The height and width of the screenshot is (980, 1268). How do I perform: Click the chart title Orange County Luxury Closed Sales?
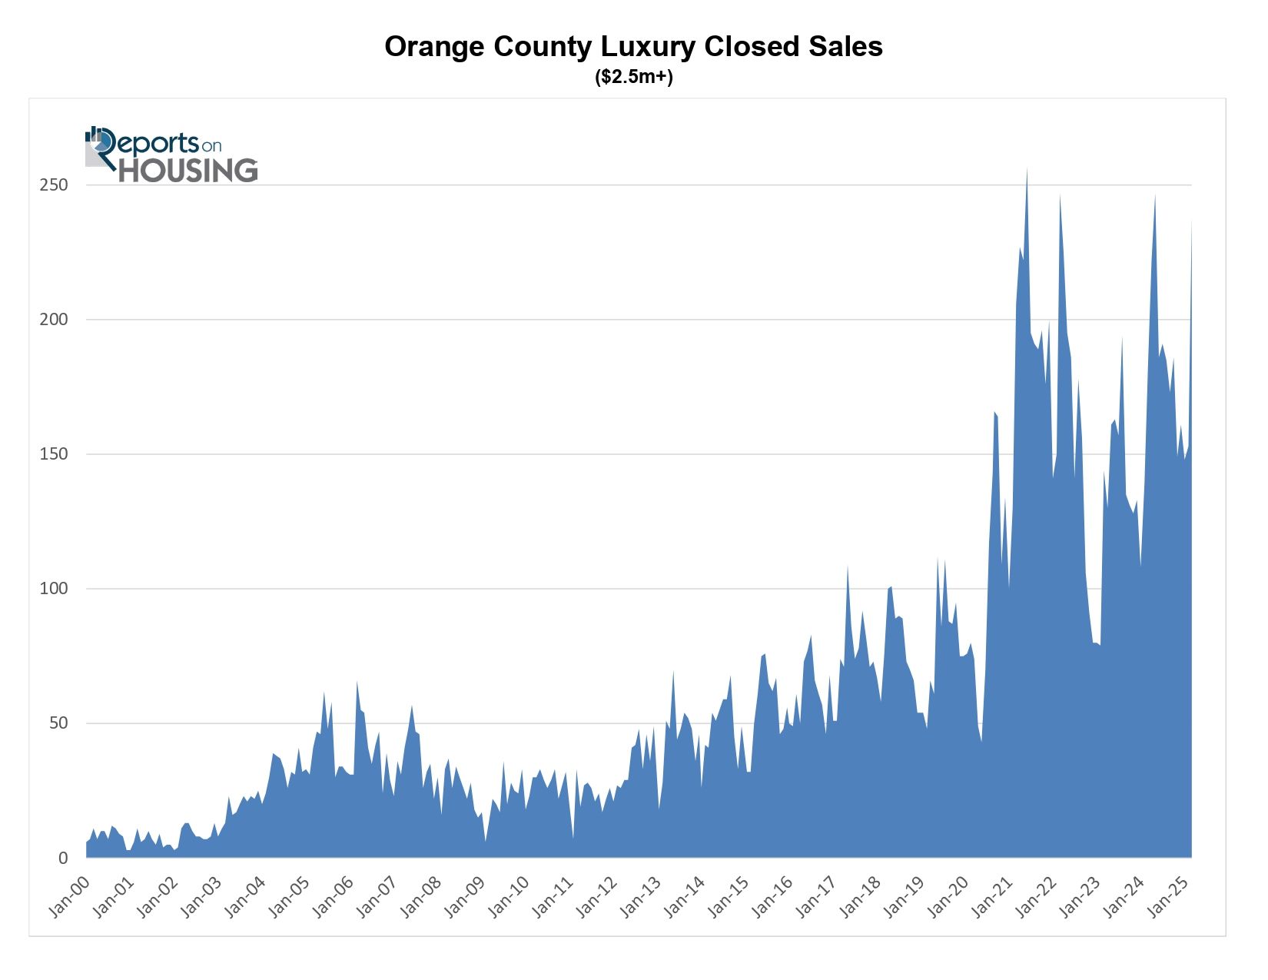click(x=633, y=47)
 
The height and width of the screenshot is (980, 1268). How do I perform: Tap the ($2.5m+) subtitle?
click(x=633, y=78)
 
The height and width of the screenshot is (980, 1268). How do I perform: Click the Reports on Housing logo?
click(x=171, y=155)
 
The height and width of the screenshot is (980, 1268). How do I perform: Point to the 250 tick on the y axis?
click(x=54, y=185)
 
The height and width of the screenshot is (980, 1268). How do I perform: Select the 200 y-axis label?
click(x=54, y=320)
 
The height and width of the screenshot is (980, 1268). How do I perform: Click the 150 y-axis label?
click(x=54, y=454)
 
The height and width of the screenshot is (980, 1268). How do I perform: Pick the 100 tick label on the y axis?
click(x=54, y=589)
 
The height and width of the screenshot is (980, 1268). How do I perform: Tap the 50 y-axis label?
click(x=58, y=723)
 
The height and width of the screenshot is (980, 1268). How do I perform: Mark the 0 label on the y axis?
click(x=64, y=859)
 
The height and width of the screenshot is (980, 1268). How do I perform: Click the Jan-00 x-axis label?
click(x=69, y=895)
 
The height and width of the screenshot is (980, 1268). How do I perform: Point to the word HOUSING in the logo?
click(x=188, y=171)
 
